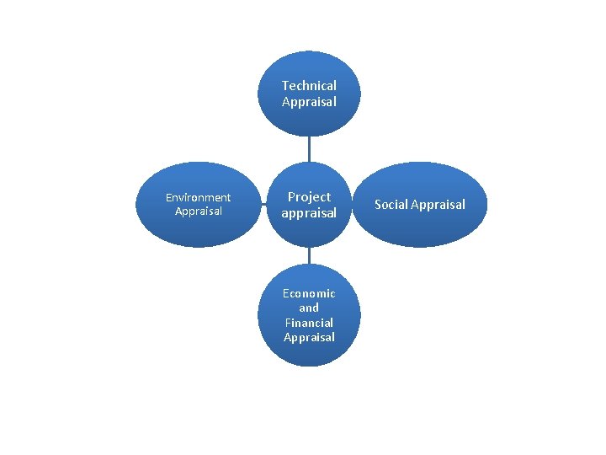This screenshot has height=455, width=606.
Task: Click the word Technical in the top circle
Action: point(309,86)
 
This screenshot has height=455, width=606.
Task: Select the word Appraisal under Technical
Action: point(309,102)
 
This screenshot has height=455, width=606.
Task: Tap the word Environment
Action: point(198,197)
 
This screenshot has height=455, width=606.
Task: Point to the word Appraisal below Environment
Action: point(199,211)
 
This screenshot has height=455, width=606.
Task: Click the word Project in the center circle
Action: point(309,197)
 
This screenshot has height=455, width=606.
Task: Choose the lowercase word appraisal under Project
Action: point(309,213)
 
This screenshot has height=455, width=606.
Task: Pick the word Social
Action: point(391,205)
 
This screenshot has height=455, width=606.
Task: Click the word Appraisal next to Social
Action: point(438,205)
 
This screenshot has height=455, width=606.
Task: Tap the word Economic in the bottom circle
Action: point(309,293)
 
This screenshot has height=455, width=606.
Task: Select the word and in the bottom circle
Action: point(309,308)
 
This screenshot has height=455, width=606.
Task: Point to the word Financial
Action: point(309,323)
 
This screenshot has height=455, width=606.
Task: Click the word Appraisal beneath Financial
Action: point(309,337)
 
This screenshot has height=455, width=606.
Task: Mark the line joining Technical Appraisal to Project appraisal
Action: point(309,149)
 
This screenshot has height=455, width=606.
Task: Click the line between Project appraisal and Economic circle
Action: point(309,255)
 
